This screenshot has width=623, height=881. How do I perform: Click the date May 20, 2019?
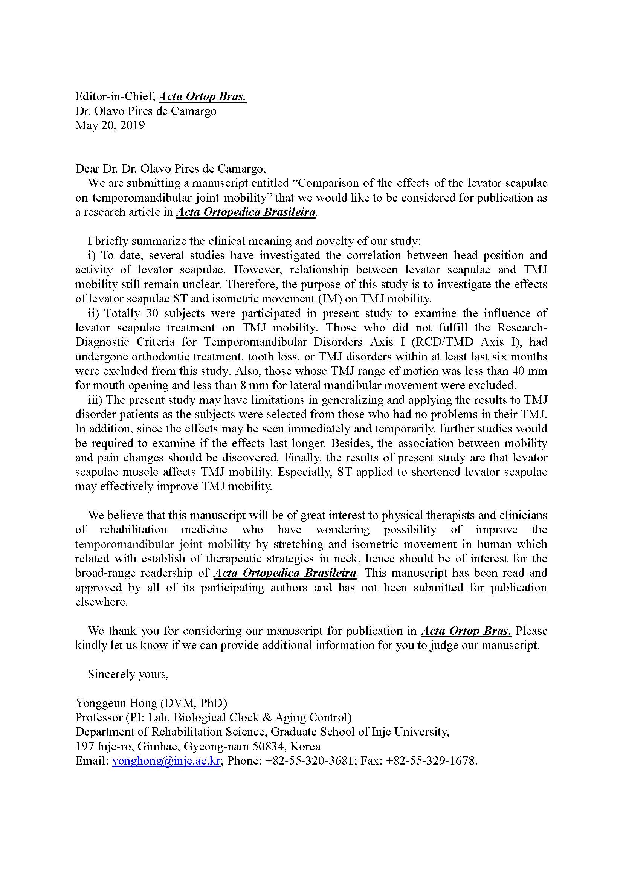[x=110, y=125]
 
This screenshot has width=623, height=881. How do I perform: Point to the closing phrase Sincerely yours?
[x=128, y=674]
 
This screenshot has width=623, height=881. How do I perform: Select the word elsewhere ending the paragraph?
[x=101, y=602]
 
